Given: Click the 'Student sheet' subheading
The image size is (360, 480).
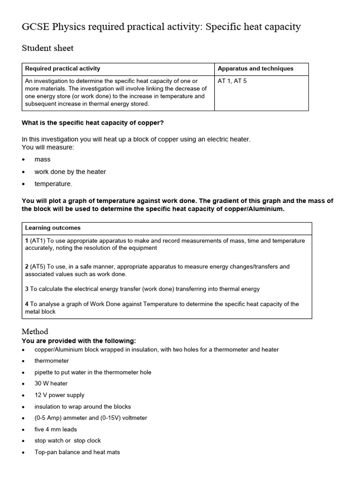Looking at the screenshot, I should [x=47, y=48].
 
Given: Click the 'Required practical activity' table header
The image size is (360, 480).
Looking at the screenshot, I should [x=62, y=68].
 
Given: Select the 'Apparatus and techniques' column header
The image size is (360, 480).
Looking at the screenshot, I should [x=255, y=68].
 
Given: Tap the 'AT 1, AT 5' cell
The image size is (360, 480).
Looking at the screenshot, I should [x=232, y=81].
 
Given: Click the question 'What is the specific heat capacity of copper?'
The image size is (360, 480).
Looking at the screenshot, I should [x=93, y=123].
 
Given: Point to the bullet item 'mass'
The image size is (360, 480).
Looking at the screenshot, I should [x=42, y=159].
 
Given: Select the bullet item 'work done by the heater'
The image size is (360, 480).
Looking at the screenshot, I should [x=70, y=172].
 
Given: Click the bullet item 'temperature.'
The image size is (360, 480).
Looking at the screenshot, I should [x=53, y=184].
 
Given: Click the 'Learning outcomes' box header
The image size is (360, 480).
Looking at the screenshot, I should [x=52, y=228].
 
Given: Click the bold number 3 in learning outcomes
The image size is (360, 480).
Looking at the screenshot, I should [x=27, y=289].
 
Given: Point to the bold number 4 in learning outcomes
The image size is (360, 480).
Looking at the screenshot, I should [x=27, y=304].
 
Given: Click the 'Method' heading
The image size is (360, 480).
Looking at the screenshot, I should [x=35, y=331].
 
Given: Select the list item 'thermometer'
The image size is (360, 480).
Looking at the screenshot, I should [x=52, y=361].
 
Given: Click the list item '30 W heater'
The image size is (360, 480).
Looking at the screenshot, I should [x=51, y=383].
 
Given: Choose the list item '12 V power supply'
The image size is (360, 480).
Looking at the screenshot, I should [x=59, y=395].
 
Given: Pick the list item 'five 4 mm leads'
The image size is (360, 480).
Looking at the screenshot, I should [x=55, y=429].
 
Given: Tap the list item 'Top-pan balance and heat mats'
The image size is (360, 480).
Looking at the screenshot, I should [x=77, y=452].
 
